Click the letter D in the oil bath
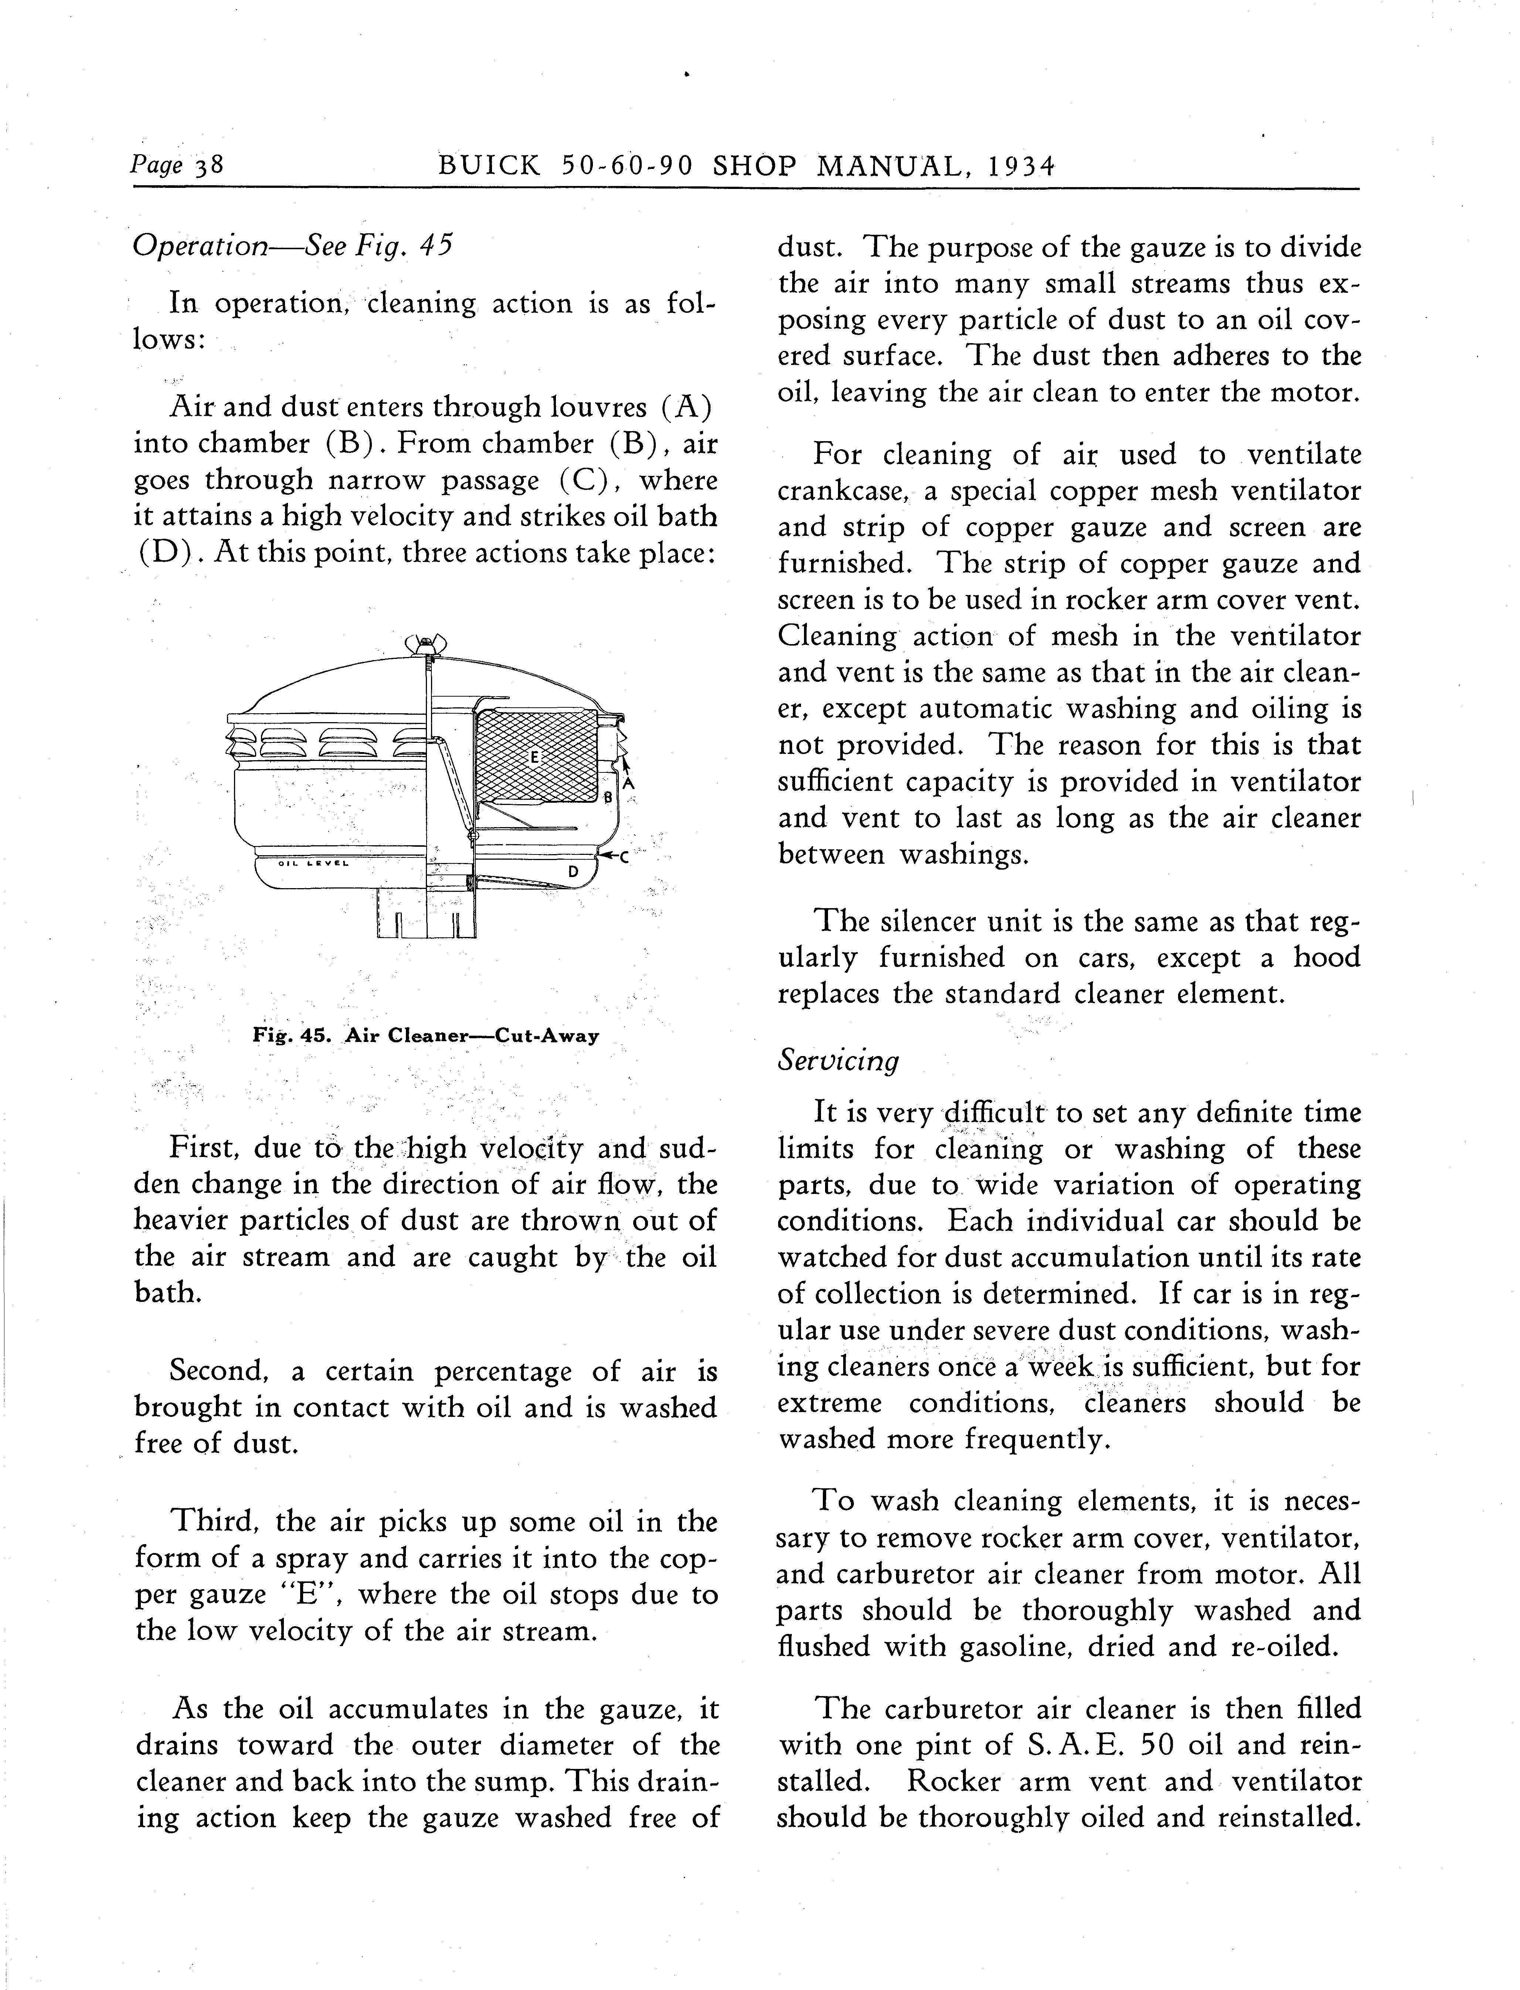(x=573, y=872)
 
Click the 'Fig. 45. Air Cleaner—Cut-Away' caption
(x=425, y=1036)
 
